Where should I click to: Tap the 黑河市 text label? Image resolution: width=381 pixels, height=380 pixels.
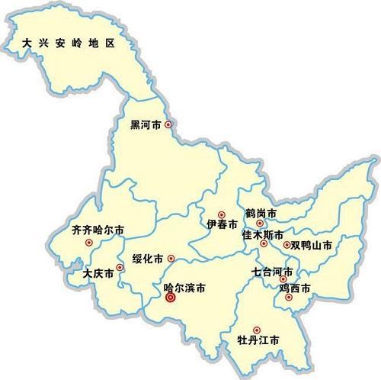(x=146, y=124)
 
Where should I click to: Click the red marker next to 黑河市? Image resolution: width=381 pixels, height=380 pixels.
(x=169, y=124)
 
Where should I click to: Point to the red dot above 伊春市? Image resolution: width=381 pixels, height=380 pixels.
(x=222, y=214)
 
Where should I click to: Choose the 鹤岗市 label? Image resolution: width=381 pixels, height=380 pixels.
(x=261, y=213)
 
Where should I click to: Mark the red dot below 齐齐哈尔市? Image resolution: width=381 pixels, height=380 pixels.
(x=89, y=243)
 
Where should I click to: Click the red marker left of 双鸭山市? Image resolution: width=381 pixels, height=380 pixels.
(x=287, y=246)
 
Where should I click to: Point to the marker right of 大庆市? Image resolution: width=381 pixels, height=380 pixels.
(x=120, y=268)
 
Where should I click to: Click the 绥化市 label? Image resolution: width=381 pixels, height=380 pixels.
(x=147, y=259)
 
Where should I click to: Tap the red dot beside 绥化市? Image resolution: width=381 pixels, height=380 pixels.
(x=171, y=258)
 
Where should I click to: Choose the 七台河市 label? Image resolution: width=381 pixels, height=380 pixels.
(x=273, y=272)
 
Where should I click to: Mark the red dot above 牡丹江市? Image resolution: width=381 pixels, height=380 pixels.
(x=256, y=330)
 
